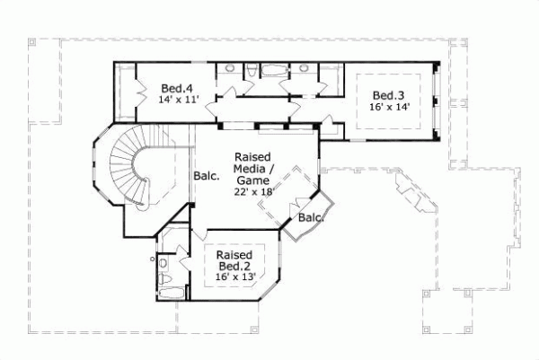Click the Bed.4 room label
pyautogui.click(x=177, y=88)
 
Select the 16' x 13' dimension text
pyautogui.click(x=235, y=277)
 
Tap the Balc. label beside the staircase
pyautogui.click(x=207, y=178)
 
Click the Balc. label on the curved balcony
pyautogui.click(x=311, y=217)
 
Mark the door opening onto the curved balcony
pyautogui.click(x=295, y=212)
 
